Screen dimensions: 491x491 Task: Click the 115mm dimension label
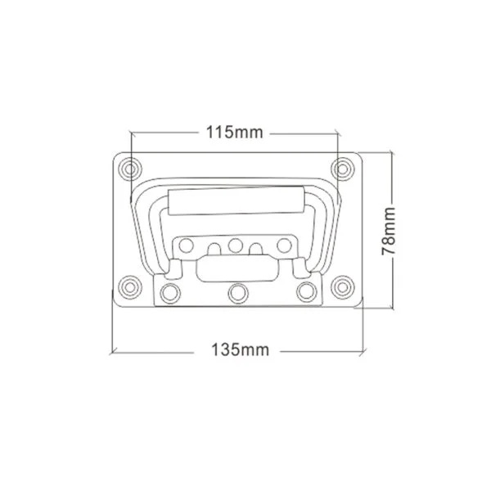235,133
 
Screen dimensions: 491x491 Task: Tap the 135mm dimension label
240,349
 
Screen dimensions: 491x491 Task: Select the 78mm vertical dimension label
389,231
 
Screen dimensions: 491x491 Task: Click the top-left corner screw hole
130,169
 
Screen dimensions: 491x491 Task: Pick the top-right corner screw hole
343,169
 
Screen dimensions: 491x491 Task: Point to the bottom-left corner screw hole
130,287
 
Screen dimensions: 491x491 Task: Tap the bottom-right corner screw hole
343,287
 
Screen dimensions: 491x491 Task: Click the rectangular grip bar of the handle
236,200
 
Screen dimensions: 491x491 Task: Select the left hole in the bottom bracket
170,294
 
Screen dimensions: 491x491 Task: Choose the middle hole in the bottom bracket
238,294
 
